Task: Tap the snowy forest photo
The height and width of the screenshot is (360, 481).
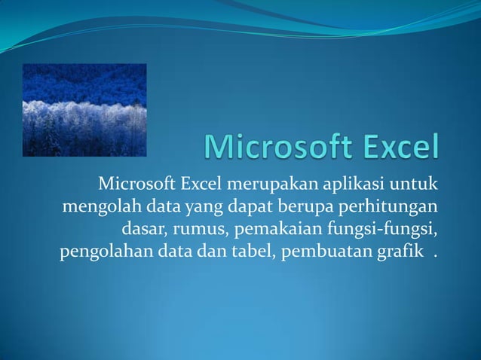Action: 84,110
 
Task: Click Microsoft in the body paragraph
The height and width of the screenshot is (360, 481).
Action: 136,184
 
